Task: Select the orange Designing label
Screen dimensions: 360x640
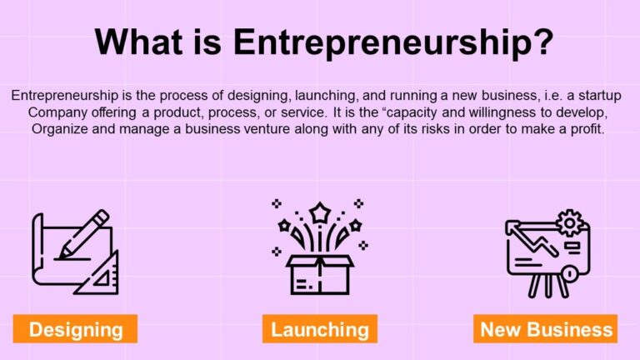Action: (x=76, y=329)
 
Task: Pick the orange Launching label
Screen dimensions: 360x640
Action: (x=319, y=329)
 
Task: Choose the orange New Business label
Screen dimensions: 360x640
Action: (x=546, y=329)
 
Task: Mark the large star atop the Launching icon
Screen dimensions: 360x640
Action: (x=319, y=212)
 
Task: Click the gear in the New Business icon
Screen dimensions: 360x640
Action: (x=571, y=222)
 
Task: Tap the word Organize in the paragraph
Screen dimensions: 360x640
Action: (x=60, y=129)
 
